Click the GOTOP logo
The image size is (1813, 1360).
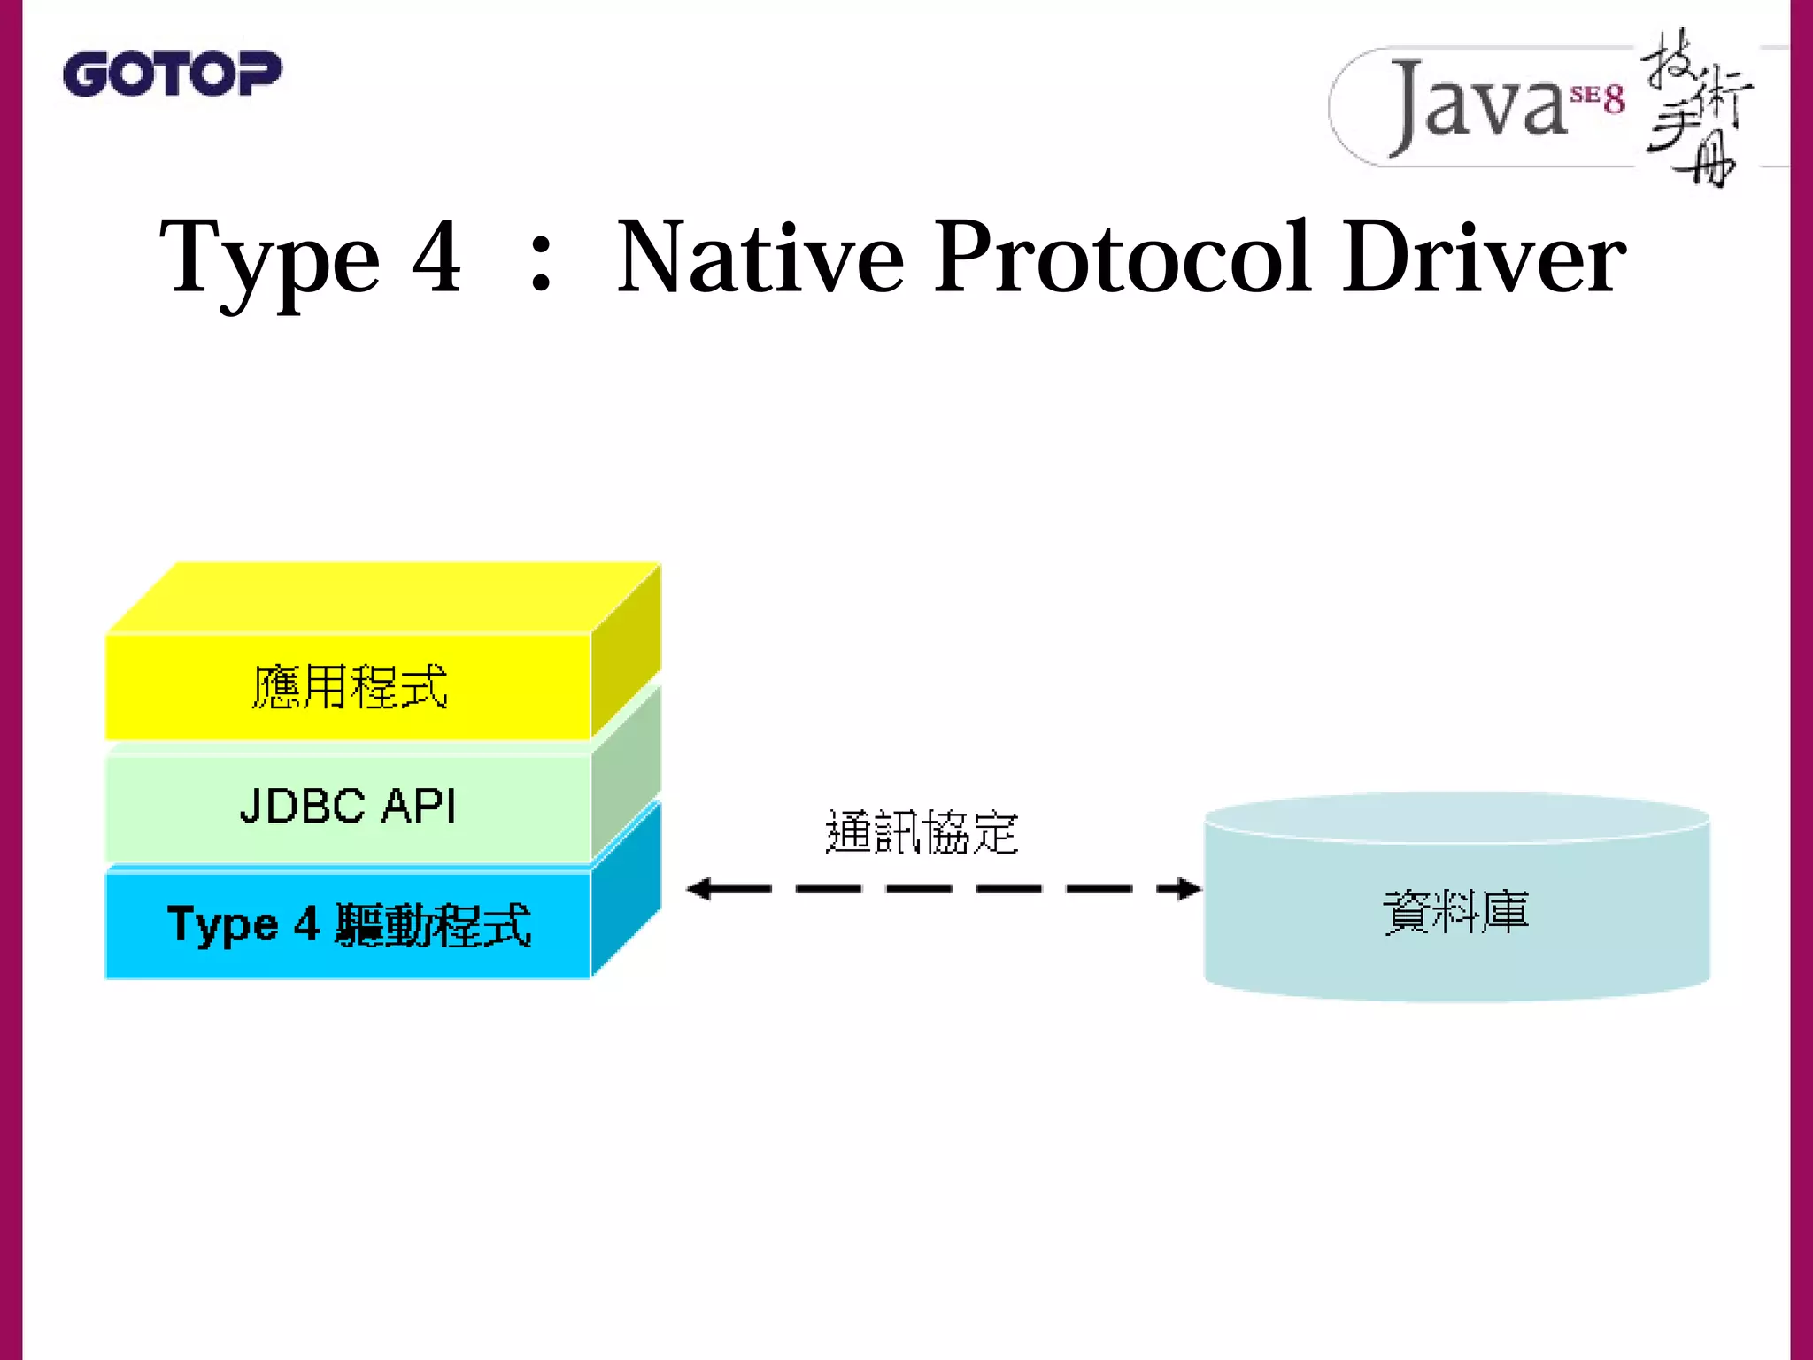(172, 73)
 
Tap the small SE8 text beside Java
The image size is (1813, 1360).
(1598, 97)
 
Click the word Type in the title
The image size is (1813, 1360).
(269, 259)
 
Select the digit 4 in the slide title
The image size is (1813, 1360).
(436, 257)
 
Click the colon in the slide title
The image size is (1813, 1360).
(540, 266)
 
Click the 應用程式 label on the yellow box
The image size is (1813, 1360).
(350, 687)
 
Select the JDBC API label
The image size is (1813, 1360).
(348, 807)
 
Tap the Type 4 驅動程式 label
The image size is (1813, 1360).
(349, 926)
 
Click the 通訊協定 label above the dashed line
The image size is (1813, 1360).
(922, 832)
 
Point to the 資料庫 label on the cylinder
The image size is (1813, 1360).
(1456, 912)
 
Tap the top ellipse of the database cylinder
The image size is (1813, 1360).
(1456, 816)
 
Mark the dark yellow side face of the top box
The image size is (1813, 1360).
(626, 651)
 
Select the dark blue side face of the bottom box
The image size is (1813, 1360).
(626, 890)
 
